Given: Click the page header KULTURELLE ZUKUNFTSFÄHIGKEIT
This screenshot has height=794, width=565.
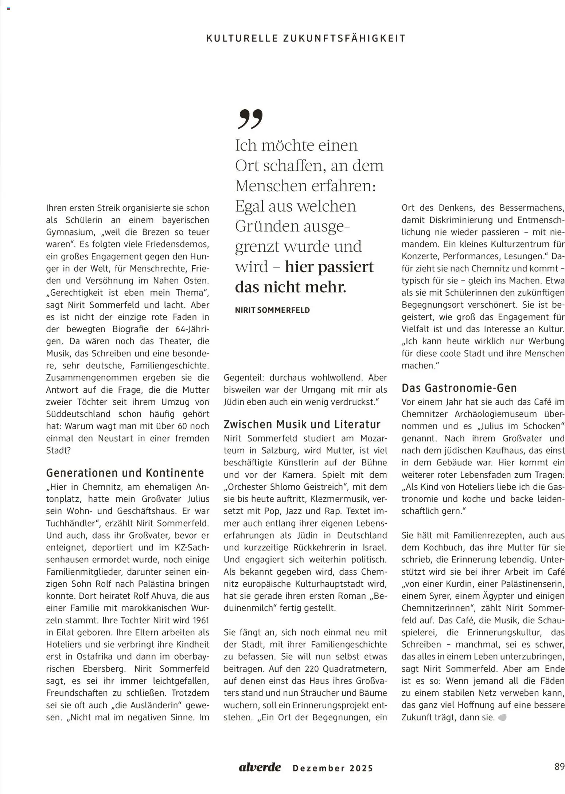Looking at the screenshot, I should pyautogui.click(x=305, y=38).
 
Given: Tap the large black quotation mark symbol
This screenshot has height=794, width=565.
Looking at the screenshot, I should pyautogui.click(x=250, y=119).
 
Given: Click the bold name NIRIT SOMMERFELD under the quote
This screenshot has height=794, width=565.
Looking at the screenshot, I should pyautogui.click(x=272, y=310).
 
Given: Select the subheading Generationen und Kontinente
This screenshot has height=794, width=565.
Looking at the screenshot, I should pyautogui.click(x=125, y=473).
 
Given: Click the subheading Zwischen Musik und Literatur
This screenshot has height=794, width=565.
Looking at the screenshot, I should pyautogui.click(x=302, y=424).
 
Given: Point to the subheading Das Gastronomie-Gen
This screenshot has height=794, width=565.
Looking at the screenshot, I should pyautogui.click(x=459, y=388).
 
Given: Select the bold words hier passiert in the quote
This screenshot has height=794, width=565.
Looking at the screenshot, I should pyautogui.click(x=329, y=267).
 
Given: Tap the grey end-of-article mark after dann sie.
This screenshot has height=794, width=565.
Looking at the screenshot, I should pyautogui.click(x=502, y=717).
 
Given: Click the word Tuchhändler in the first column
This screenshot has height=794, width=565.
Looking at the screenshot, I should pyautogui.click(x=73, y=523).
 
